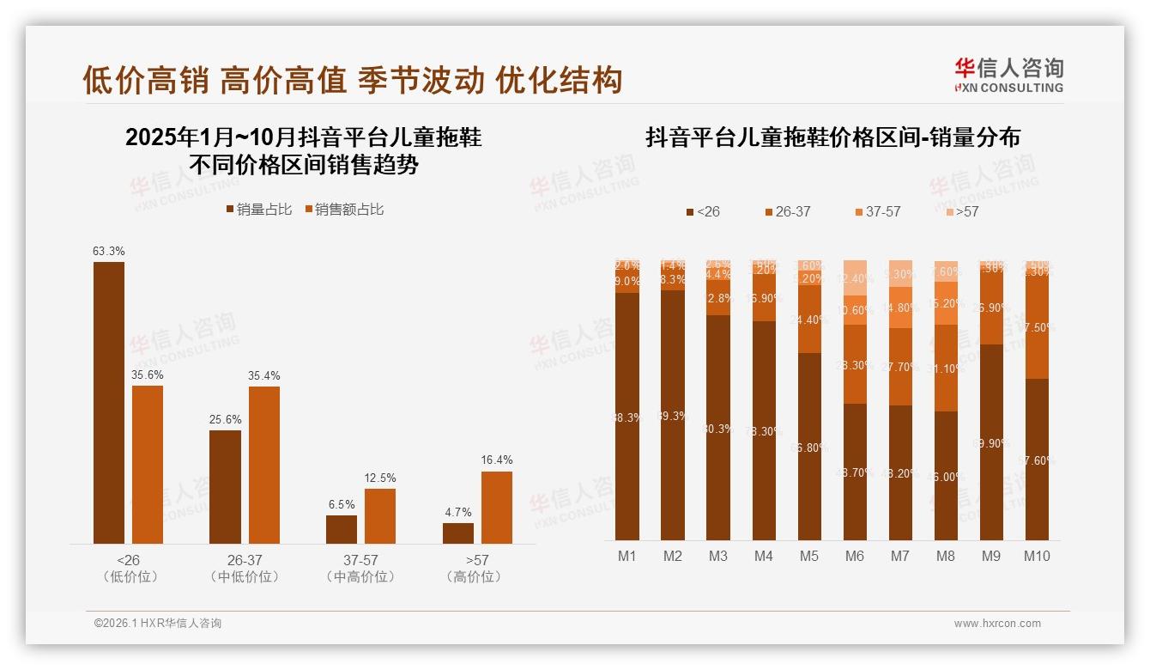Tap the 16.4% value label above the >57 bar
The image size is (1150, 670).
tap(497, 460)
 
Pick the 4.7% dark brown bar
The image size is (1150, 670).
tap(458, 533)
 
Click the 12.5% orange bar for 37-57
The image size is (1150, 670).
tap(380, 515)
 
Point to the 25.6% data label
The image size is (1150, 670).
tap(226, 419)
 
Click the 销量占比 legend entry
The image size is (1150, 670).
tap(258, 210)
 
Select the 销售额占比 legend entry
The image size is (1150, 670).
tap(343, 210)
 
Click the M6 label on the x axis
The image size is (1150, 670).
tap(855, 556)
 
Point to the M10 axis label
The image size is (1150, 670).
tap(1037, 556)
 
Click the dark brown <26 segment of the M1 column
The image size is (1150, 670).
tap(627, 417)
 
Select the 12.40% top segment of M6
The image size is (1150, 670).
tap(855, 277)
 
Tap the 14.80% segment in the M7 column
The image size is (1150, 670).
tap(900, 308)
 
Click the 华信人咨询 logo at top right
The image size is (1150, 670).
tap(1008, 75)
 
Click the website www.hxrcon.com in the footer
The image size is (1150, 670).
tap(997, 624)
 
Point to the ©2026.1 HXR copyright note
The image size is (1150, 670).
tap(157, 624)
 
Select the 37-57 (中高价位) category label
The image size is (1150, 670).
tap(360, 568)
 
